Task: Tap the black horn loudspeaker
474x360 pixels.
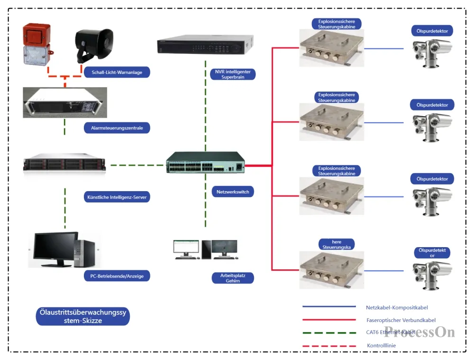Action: click(x=95, y=46)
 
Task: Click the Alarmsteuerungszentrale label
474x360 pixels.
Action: click(x=117, y=128)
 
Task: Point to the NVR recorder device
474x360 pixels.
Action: click(x=204, y=46)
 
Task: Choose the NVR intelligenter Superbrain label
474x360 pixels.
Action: click(x=233, y=74)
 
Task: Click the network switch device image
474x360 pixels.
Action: click(x=206, y=163)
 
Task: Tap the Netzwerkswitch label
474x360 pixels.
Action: click(x=233, y=192)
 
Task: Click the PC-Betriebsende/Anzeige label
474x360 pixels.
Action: click(x=117, y=275)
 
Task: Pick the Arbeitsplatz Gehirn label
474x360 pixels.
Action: click(x=233, y=278)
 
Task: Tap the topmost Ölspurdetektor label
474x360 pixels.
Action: click(x=432, y=31)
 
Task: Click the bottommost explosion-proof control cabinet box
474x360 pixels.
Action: click(x=331, y=270)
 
